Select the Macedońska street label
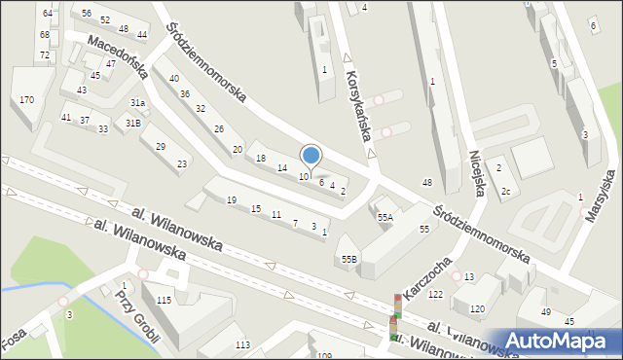[116, 56]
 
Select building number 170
[26, 100]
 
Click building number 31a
[138, 103]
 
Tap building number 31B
[132, 123]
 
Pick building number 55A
[385, 218]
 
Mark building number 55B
[349, 259]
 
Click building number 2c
[506, 191]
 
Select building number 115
[164, 300]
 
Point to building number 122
[435, 294]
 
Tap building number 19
[231, 200]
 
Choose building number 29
[160, 146]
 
